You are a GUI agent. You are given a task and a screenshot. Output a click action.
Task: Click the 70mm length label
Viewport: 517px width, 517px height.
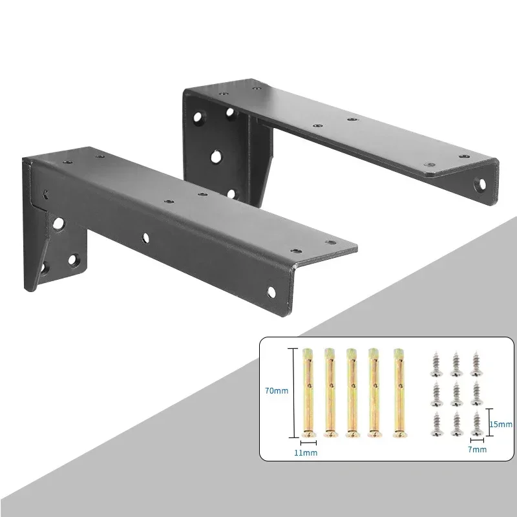(276, 390)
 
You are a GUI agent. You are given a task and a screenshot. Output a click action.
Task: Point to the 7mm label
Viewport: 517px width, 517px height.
(479, 448)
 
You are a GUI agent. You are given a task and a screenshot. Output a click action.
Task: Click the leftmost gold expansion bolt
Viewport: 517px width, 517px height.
(309, 394)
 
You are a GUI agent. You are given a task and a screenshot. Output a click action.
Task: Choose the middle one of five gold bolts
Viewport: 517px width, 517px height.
(352, 394)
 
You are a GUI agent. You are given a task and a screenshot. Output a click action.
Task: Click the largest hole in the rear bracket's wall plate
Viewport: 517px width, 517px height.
(215, 156)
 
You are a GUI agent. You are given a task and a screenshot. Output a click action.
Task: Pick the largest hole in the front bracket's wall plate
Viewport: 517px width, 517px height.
(59, 224)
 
